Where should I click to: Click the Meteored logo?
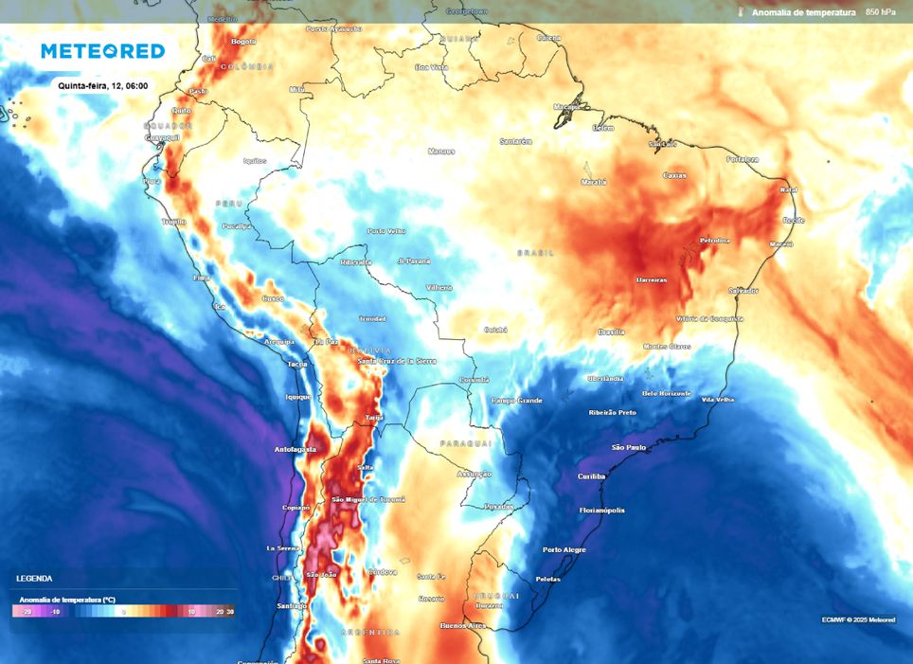coord(102,51)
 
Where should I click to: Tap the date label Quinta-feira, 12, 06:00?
coord(102,85)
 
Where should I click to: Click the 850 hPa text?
coord(880,12)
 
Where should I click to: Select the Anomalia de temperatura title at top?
coord(803,12)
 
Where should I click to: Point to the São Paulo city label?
coord(629,447)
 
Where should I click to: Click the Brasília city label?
coord(611,332)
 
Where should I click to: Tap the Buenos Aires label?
coord(463,625)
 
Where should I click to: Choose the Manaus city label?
coord(441,152)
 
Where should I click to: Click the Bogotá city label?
coord(243,42)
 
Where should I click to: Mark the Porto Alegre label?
coord(564,549)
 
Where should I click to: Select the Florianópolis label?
coord(602,510)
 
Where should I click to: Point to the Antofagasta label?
coord(295,449)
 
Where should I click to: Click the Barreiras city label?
coord(652,280)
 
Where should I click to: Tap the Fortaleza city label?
coord(743,159)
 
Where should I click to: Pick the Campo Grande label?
coord(516,401)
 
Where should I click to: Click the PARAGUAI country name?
coord(465,443)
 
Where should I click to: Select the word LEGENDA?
coord(34,578)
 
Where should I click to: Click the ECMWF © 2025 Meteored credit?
coord(858,619)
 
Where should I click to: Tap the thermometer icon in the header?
coord(740,12)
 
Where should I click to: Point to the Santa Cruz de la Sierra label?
coord(397,361)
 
